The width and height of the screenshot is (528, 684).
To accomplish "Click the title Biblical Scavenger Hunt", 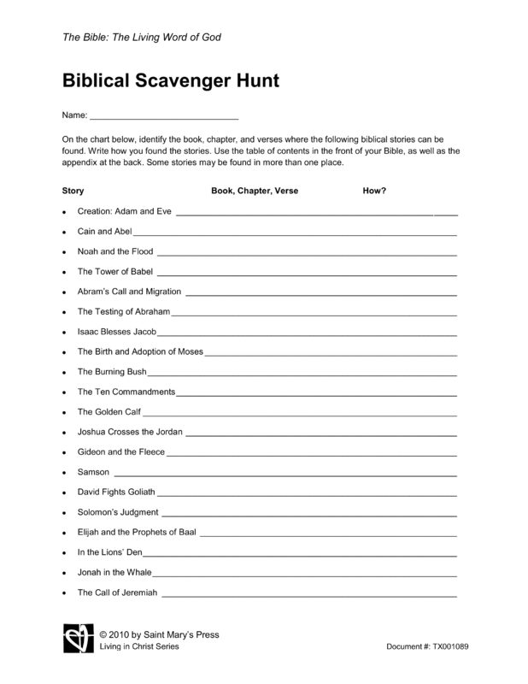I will coord(171,82).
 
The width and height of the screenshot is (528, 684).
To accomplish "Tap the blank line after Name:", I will coord(164,116).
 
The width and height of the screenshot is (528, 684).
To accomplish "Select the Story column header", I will coord(73,191).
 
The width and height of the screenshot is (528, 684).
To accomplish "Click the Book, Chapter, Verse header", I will coord(255,191).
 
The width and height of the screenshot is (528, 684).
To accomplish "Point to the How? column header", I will coord(374,191).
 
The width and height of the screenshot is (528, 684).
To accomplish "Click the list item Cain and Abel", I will coord(104,231).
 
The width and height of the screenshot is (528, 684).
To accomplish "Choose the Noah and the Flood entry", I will coord(115,251).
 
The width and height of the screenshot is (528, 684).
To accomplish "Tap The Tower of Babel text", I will coord(114,272).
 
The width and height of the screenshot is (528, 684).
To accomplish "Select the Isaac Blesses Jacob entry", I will coord(117,332).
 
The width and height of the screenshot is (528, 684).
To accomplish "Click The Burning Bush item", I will coord(112,372).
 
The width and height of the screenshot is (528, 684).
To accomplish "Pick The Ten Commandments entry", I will coord(126,392).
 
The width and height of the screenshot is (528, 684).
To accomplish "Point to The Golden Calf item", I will coord(109,411).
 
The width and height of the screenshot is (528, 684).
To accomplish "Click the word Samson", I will coord(93,472).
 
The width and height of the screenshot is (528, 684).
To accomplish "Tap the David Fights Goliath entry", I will coord(117,492).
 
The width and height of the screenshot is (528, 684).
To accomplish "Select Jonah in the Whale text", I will coord(114,572).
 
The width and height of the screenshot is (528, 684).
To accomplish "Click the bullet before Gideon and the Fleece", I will coord(65,452).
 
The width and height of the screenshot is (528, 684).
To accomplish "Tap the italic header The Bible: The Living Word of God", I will coord(142,38).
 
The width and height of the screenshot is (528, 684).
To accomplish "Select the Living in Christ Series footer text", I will coord(139,646).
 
